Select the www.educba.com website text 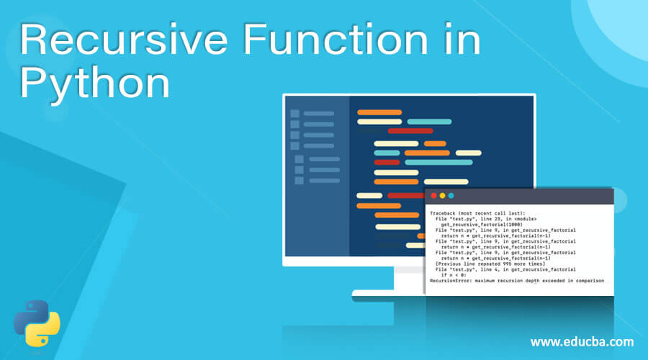point(582,341)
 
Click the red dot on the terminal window point(433,196)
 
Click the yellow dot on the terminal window point(442,196)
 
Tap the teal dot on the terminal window point(451,196)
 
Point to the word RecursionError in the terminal point(451,281)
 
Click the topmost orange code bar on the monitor point(379,112)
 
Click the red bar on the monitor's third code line point(410,131)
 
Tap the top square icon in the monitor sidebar point(294,113)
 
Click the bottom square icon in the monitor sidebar point(299,180)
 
